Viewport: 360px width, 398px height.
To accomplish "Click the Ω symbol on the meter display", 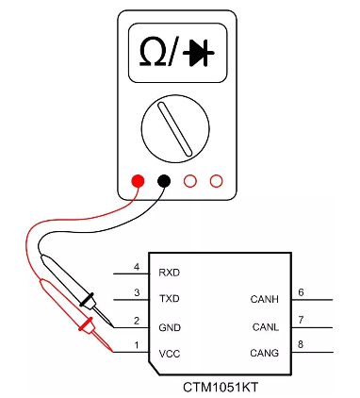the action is click(x=153, y=52).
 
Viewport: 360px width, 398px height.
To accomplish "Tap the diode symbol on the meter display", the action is click(x=199, y=53).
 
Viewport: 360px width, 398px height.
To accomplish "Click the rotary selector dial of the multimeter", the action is click(x=175, y=129).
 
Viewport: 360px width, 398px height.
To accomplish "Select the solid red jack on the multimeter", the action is click(x=138, y=181).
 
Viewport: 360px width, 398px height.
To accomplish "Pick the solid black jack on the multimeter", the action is click(x=164, y=181).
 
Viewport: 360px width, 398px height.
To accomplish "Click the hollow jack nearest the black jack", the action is click(x=190, y=181).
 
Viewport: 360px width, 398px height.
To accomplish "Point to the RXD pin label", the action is click(x=170, y=273).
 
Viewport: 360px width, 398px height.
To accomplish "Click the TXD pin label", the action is click(x=170, y=298).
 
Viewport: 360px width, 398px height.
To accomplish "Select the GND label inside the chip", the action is click(x=170, y=328).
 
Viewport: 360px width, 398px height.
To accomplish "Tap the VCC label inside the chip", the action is click(x=170, y=354).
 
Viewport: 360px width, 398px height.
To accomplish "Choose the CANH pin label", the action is click(x=265, y=299).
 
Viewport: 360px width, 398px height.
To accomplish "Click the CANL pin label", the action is click(x=266, y=327).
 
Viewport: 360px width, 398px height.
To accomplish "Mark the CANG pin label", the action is click(x=265, y=353).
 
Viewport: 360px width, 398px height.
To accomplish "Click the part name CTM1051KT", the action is click(x=221, y=387).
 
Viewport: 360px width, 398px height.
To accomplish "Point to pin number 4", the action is click(x=137, y=267).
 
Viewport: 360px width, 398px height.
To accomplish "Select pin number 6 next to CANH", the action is click(x=301, y=292).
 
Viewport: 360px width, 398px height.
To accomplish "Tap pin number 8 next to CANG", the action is click(x=301, y=344).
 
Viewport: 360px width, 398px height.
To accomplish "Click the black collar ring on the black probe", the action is click(x=87, y=299).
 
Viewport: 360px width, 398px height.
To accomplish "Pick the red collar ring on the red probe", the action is click(x=86, y=324).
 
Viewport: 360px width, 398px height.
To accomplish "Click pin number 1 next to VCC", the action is click(x=137, y=345).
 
